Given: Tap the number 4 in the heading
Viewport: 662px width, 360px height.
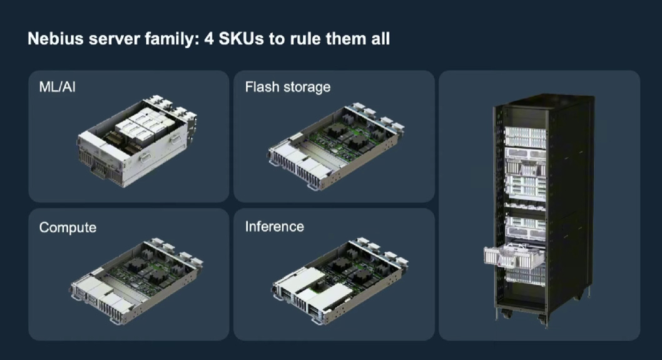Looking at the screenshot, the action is pos(209,39).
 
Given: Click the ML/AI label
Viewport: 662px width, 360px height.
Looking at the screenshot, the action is pos(57,87).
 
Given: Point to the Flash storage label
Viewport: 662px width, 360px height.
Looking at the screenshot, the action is pos(288,87).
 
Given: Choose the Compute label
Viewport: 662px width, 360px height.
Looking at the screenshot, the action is pos(68,227).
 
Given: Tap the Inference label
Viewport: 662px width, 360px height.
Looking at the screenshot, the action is pos(275,227).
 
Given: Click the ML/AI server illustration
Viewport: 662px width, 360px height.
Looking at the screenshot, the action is pos(136,141).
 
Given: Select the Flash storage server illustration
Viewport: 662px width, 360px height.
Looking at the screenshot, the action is pos(335,146).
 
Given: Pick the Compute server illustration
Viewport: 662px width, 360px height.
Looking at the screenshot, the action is pos(136,280).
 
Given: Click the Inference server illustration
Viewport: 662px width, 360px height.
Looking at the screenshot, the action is pos(340,280).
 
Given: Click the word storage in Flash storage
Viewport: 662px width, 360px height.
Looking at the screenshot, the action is pos(307,88).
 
